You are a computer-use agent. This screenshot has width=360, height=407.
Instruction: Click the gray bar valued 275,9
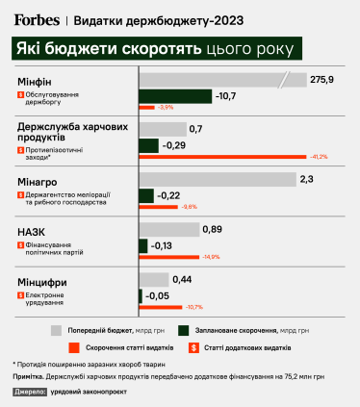pos(221,79)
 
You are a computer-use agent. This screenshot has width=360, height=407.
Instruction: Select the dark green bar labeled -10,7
pos(175,95)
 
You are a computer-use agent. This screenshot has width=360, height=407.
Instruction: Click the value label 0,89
pos(214,229)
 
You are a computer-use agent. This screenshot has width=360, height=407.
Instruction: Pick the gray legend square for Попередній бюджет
pos(56,328)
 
